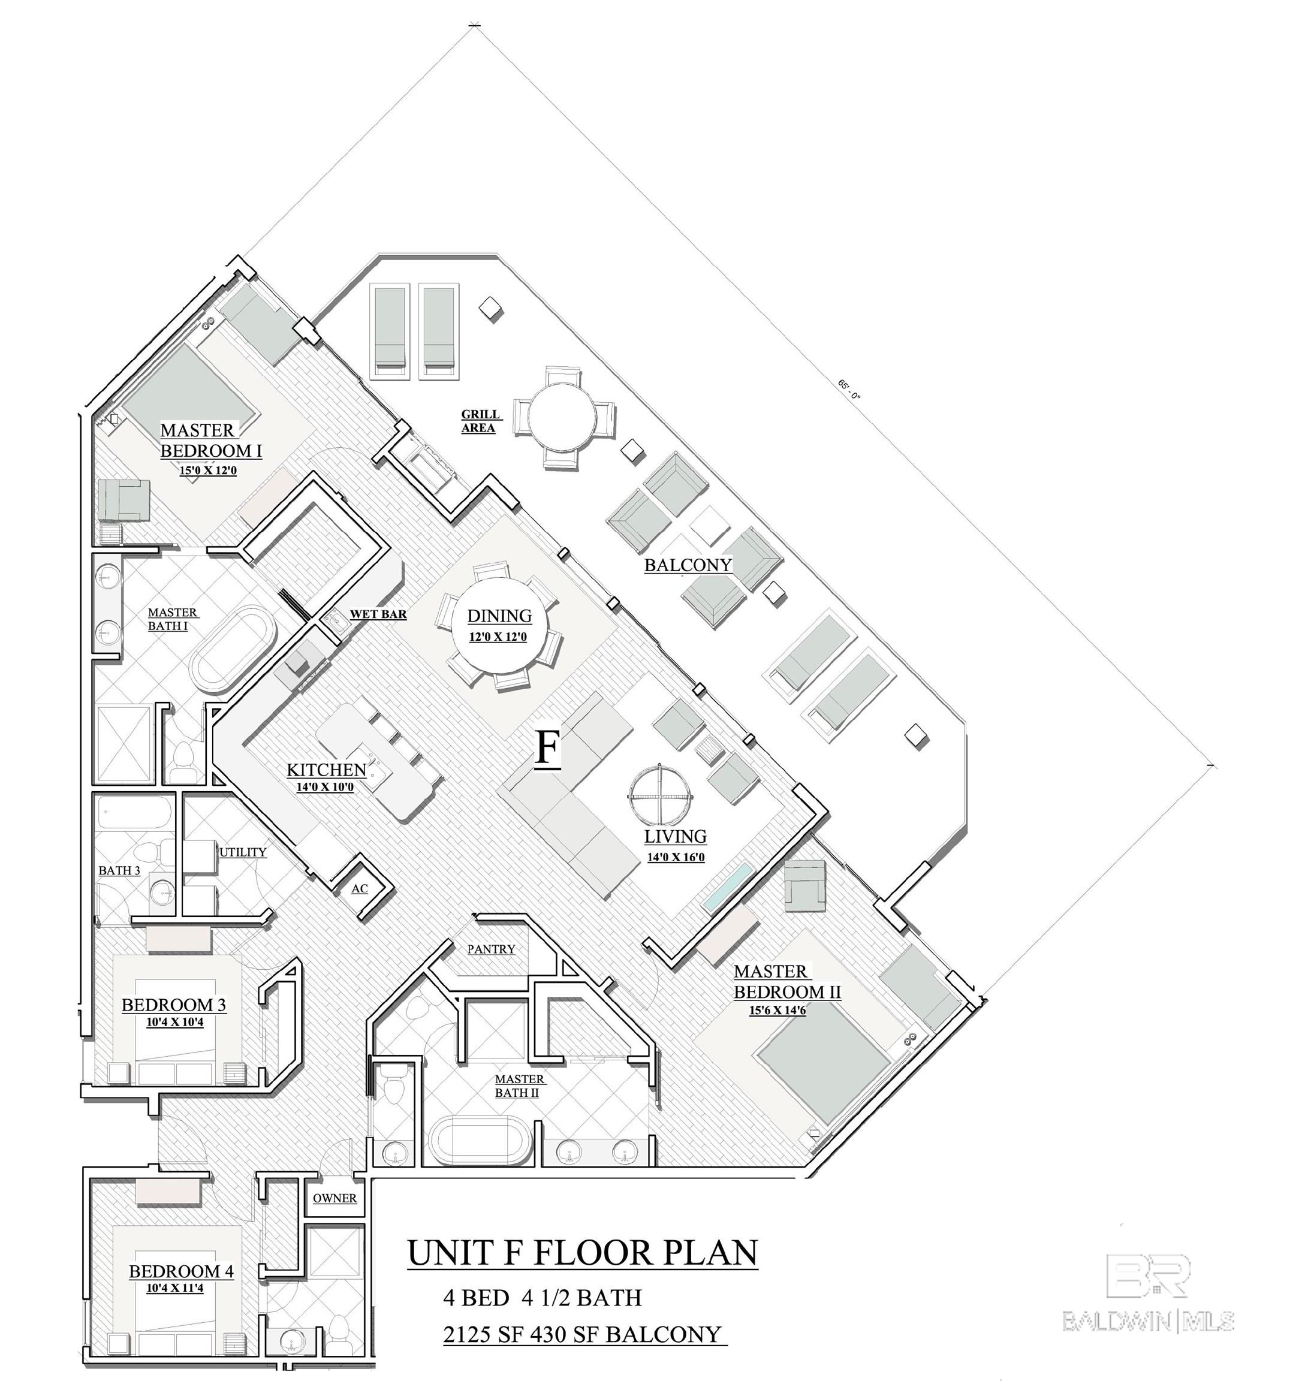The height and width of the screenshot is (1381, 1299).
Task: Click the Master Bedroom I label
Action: [x=210, y=441]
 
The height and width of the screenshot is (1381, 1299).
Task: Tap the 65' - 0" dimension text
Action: [x=849, y=389]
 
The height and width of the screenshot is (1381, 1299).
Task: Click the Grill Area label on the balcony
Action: [x=480, y=421]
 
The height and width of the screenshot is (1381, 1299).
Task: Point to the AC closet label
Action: [x=359, y=888]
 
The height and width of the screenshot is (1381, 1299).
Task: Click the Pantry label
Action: [x=491, y=949]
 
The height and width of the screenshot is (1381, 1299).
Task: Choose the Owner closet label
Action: [x=335, y=1198]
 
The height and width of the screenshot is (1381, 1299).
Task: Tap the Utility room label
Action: [x=243, y=852]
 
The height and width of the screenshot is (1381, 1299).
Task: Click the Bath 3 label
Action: [x=119, y=870]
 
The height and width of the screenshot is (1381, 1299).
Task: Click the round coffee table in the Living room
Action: [x=660, y=795]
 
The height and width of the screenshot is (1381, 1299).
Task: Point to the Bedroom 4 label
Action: [x=181, y=1272]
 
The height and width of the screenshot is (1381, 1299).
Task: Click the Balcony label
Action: [x=688, y=565]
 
